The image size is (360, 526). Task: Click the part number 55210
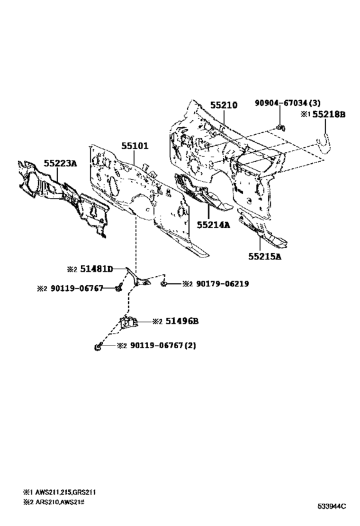coord(224,105)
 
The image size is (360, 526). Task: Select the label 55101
coord(134,146)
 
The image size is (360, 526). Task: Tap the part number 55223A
coord(60,163)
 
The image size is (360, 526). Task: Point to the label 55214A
coord(213,225)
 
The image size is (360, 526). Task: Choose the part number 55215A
coord(265,257)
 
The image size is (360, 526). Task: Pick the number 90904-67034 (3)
coord(287,103)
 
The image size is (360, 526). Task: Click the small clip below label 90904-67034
coord(280,127)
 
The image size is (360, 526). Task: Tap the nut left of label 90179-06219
coord(164,284)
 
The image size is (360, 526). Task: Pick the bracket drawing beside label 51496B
coord(129,322)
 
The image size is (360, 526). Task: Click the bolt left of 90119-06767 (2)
coord(98,346)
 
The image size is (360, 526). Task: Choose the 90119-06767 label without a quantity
coord(77,288)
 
